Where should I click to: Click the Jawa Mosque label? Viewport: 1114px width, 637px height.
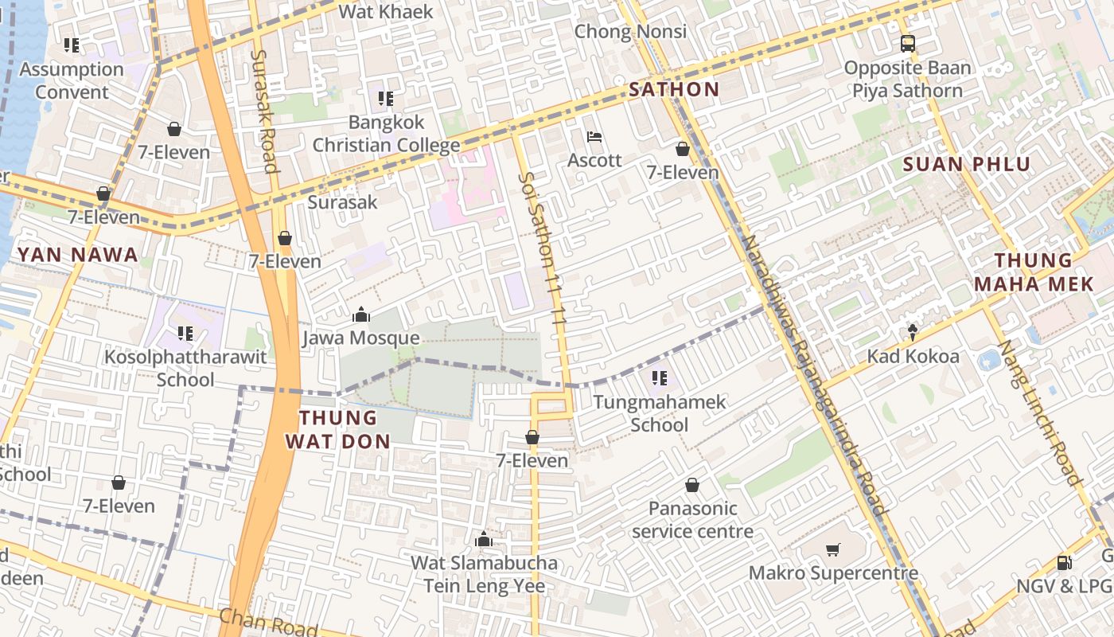360,338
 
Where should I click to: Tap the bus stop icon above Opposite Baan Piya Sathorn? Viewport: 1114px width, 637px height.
907,44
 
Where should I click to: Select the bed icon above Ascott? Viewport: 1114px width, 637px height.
594,137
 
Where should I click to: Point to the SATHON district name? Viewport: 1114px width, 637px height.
674,89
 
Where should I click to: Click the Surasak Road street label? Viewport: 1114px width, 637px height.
264,111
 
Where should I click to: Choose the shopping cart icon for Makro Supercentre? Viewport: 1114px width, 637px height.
833,549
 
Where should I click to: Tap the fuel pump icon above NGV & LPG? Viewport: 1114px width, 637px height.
1064,563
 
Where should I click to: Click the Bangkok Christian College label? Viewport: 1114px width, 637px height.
386,134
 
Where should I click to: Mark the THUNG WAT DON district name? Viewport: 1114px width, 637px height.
338,429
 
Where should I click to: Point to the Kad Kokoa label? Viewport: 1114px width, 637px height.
913,356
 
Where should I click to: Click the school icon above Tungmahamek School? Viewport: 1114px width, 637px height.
659,378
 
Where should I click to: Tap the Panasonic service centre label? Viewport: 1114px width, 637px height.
692,519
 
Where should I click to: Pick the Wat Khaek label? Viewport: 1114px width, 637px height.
386,11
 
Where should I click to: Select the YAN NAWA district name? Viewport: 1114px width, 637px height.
78,255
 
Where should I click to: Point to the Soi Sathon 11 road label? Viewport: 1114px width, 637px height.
545,247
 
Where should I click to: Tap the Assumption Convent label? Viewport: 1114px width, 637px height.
72,80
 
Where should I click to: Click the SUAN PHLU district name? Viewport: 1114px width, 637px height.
967,165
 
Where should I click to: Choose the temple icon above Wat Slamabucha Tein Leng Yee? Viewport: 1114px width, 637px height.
483,540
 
